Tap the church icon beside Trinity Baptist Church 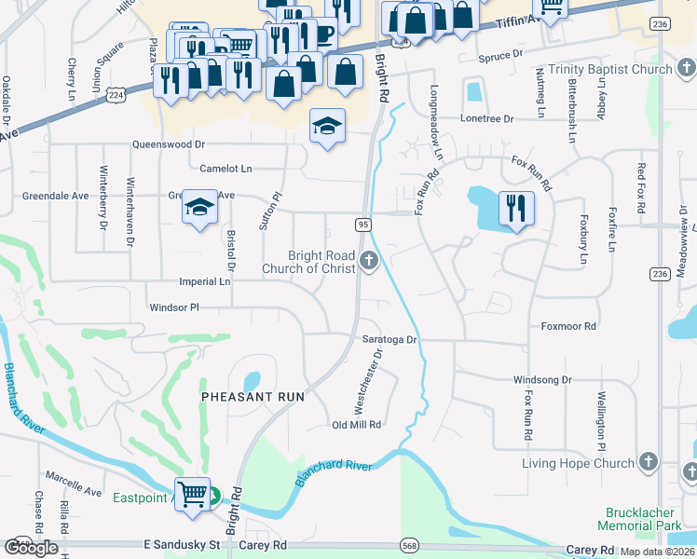pos(684,69)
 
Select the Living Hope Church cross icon pos(649,463)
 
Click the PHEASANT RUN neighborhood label pos(253,396)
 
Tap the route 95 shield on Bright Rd pos(363,225)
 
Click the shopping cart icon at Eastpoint pos(193,494)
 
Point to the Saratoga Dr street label pos(389,340)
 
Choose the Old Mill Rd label pos(357,425)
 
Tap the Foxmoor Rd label pos(568,327)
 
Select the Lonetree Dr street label pos(487,119)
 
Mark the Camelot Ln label pos(226,169)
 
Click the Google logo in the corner pos(31,548)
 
